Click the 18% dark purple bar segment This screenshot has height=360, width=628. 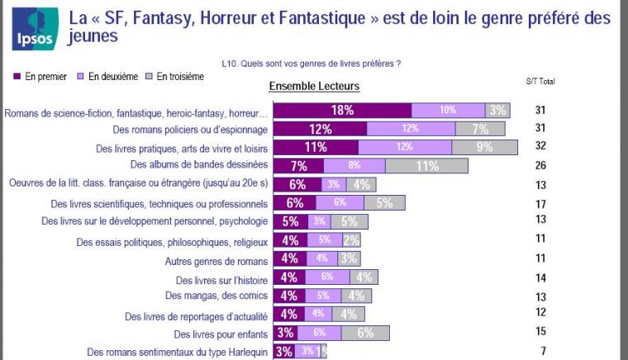[x=342, y=111]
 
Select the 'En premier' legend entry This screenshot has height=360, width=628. [x=40, y=77]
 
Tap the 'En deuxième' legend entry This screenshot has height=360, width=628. [x=112, y=77]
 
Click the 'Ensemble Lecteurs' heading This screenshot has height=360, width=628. [x=314, y=86]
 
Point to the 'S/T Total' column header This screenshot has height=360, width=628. [x=540, y=82]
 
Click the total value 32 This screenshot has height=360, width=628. [x=540, y=147]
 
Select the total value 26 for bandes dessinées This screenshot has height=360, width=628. [x=540, y=165]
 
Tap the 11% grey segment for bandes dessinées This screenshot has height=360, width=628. [x=426, y=165]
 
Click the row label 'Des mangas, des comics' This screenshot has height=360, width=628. [x=216, y=296]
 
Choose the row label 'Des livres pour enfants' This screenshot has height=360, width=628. [x=221, y=334]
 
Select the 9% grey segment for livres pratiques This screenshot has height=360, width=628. [x=484, y=147]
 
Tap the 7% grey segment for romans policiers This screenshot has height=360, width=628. [x=482, y=129]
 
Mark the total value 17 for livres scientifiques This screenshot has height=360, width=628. [x=540, y=203]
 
